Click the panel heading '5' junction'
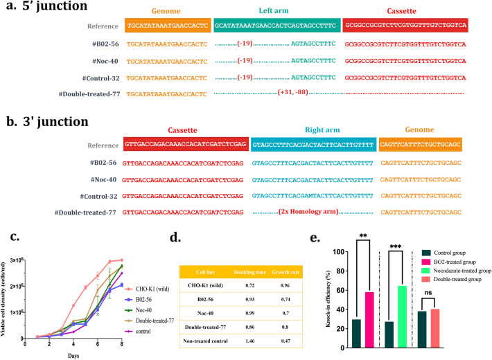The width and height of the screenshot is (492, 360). pyautogui.click(x=49, y=9)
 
